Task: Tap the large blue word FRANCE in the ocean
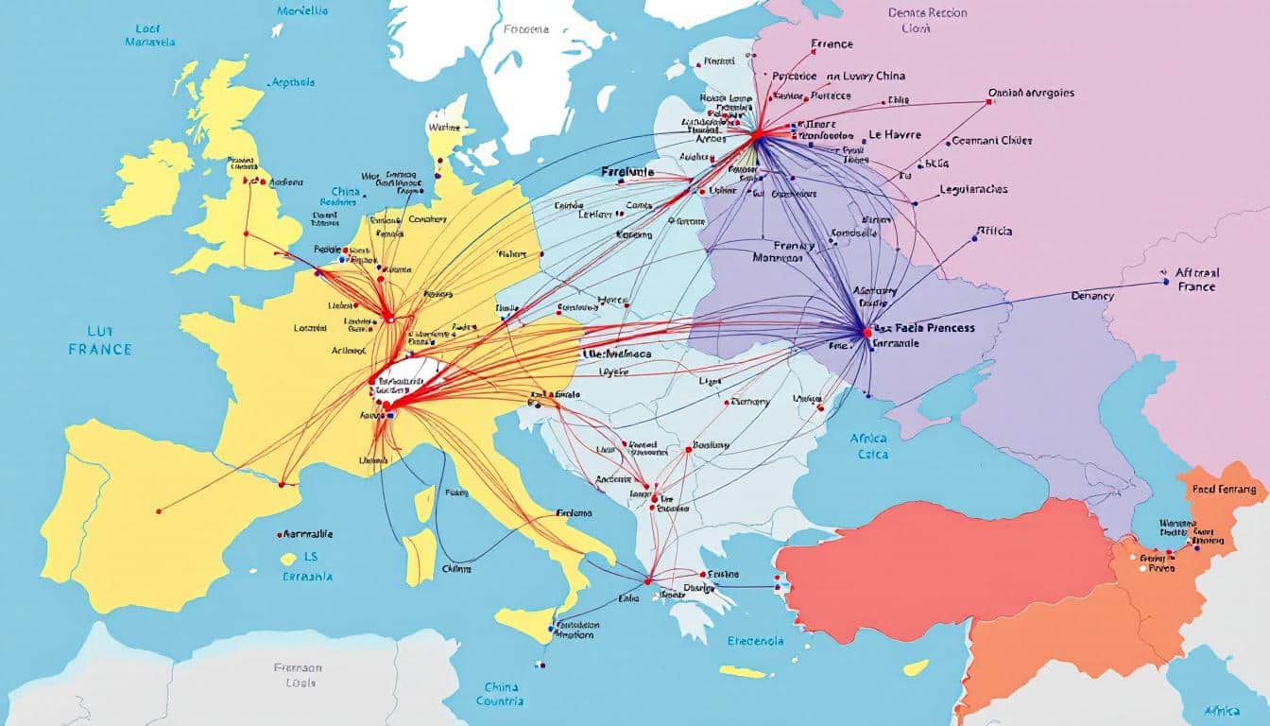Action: [100, 349]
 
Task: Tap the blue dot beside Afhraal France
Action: [1165, 281]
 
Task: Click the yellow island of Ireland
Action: [149, 184]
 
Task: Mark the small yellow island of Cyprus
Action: [914, 667]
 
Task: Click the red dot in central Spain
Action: [159, 510]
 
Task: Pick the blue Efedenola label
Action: [755, 640]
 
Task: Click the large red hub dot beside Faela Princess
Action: [867, 332]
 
